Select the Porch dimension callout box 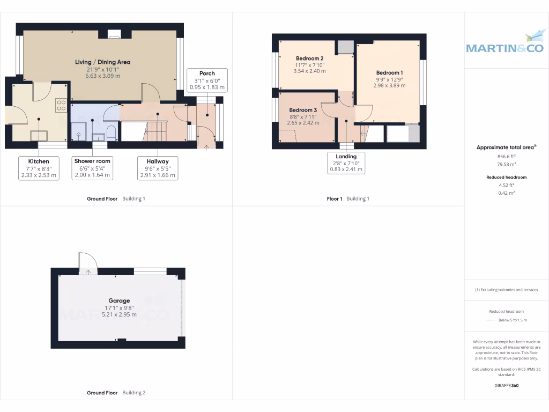207,80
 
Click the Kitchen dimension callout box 39,168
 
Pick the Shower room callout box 92,168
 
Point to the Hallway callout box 157,168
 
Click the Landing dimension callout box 346,163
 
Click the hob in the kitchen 61,105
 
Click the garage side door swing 87,263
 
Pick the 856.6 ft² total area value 506,157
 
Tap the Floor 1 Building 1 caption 348,198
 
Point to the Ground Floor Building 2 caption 116,393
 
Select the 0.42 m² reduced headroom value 506,193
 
